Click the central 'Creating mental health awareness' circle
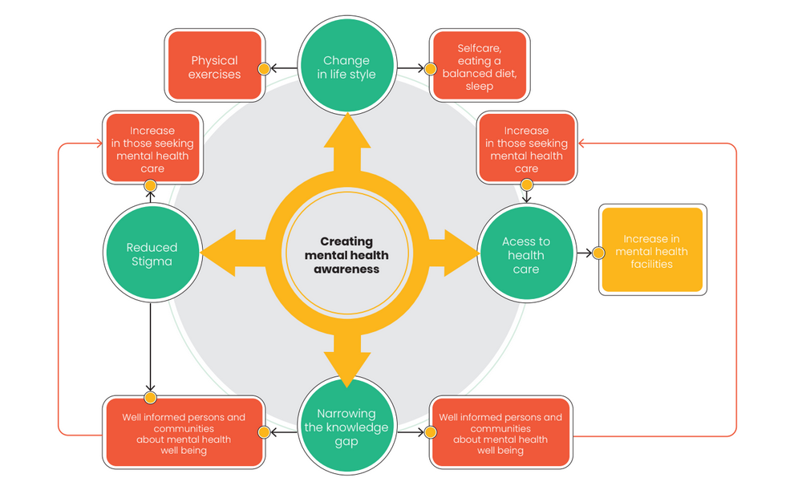(347, 255)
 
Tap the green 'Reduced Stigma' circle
(152, 254)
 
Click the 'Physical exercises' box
(215, 67)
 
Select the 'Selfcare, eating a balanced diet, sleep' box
(480, 67)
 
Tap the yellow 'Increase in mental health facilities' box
(651, 250)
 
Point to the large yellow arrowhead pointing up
(347, 132)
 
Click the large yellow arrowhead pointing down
(347, 369)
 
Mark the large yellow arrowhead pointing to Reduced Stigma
(218, 253)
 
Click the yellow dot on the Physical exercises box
(264, 69)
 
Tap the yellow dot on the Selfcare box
(431, 69)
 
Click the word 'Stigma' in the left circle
(152, 261)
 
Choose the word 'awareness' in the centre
(347, 269)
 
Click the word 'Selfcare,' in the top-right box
(480, 48)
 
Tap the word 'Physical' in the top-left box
(215, 60)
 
